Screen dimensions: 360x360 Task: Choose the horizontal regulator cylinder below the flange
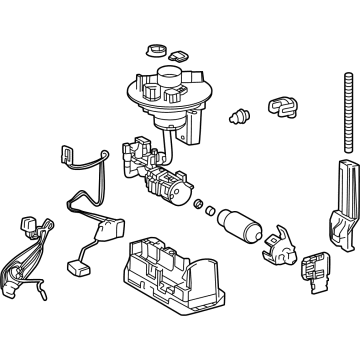click(x=163, y=185)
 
